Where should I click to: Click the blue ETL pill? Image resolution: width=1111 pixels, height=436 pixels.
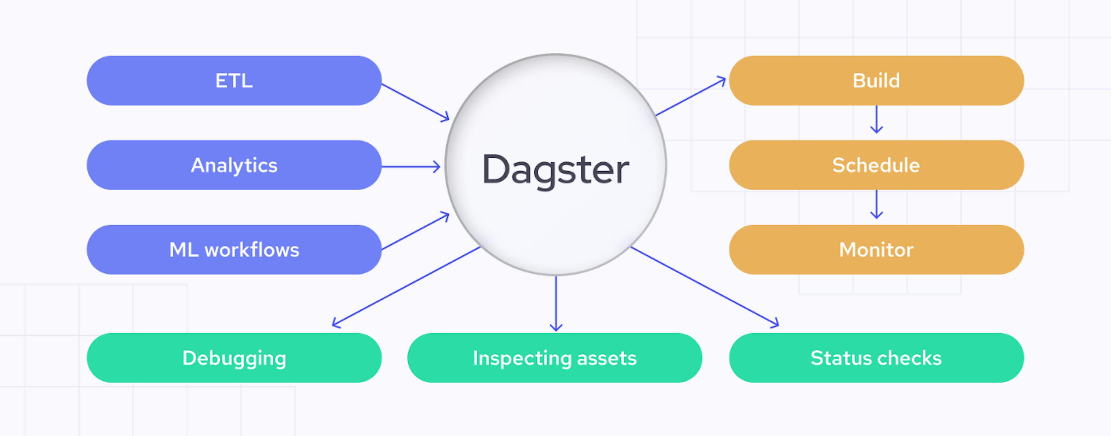click(234, 80)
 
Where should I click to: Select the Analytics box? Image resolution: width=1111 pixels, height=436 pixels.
click(234, 165)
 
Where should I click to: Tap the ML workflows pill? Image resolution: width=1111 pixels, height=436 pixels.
click(234, 250)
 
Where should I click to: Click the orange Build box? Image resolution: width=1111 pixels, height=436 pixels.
click(876, 80)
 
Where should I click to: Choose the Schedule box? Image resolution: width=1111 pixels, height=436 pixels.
click(876, 165)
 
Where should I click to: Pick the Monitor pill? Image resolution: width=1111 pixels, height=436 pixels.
click(876, 250)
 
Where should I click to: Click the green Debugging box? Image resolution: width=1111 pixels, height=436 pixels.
click(234, 358)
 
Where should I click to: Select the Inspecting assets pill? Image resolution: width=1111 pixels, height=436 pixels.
click(555, 358)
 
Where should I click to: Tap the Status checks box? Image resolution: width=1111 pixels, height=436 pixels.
click(876, 358)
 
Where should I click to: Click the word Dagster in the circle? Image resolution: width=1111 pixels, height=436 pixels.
click(555, 170)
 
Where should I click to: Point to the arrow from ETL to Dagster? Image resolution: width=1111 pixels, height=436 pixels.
click(415, 102)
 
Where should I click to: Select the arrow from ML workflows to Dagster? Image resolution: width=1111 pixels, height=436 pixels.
click(415, 231)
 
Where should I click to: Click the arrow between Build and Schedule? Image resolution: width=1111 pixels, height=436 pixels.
click(876, 120)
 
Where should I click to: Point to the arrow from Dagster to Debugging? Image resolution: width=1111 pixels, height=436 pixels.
click(406, 287)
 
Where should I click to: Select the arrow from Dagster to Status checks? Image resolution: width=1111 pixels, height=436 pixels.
click(705, 287)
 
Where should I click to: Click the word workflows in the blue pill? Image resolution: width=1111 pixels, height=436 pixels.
click(252, 250)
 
